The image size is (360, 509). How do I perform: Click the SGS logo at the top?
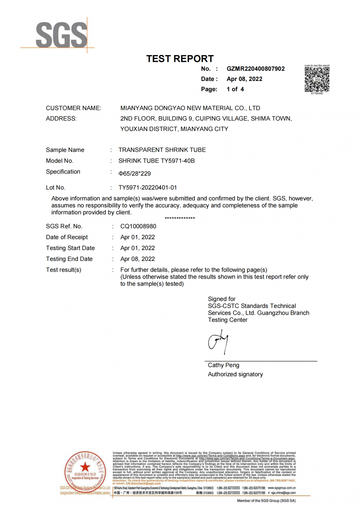tap(61, 35)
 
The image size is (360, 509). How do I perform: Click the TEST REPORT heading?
tap(180, 59)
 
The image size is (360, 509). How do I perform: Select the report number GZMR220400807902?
tap(256, 69)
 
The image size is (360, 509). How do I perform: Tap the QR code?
tap(317, 79)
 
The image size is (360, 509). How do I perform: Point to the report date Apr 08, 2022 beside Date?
tap(244, 79)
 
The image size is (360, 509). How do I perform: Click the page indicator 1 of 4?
tap(235, 89)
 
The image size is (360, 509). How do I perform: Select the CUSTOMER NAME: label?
tap(73, 108)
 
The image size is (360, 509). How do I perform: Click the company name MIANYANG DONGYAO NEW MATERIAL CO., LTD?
tap(190, 108)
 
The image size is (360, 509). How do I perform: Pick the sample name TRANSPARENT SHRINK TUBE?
tap(162, 150)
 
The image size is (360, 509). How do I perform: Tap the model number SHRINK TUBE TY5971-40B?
tap(157, 161)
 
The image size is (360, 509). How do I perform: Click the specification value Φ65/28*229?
tap(135, 173)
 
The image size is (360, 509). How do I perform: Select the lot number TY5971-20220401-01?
tap(148, 187)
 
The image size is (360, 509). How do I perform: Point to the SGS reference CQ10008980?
tap(138, 226)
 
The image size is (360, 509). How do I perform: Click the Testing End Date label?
tap(69, 259)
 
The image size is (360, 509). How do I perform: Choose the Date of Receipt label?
tap(67, 237)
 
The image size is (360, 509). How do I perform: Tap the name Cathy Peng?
tap(224, 365)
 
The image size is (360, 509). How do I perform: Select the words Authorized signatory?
tap(235, 374)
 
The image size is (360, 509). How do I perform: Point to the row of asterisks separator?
tap(180, 218)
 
